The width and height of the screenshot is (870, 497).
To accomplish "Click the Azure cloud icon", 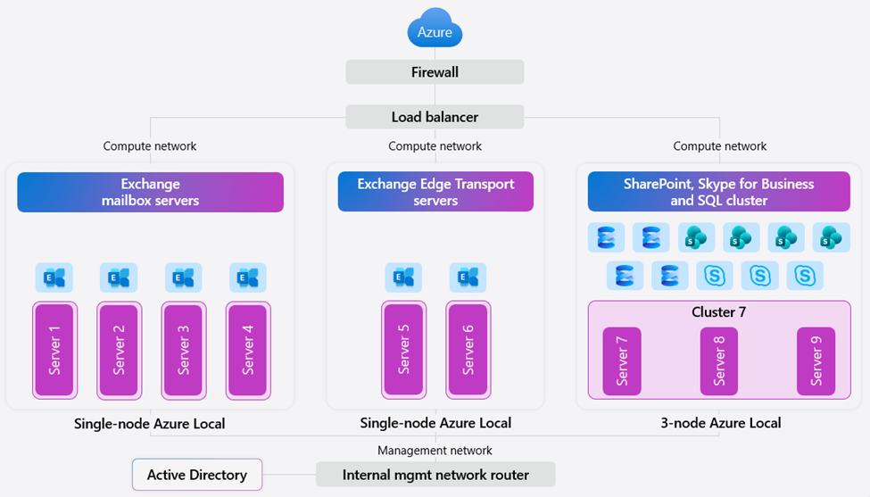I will click(x=435, y=29).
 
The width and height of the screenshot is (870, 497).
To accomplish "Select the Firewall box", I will click(x=435, y=72).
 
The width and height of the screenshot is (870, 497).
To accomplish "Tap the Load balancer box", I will click(x=435, y=117).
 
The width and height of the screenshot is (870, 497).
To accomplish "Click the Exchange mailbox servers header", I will click(x=150, y=192).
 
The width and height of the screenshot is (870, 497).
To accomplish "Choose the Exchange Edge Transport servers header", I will click(x=435, y=192).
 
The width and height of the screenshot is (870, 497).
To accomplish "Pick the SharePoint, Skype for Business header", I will click(x=718, y=192).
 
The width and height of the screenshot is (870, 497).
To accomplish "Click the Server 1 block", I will click(x=54, y=350).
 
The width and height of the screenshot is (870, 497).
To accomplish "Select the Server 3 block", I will click(x=184, y=350).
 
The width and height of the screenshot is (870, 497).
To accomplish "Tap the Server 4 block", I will click(x=248, y=350).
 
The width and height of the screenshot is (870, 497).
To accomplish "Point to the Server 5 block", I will click(x=404, y=350).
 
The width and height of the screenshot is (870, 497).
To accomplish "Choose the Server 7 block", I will click(x=622, y=360).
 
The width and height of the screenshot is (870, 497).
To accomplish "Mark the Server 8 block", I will click(x=719, y=360).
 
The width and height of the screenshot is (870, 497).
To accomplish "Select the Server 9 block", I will click(x=816, y=360).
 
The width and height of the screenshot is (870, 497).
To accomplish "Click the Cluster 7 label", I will click(x=718, y=312).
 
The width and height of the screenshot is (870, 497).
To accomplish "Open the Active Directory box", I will click(x=197, y=475).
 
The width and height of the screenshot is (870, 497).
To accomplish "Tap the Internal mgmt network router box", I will click(x=435, y=475).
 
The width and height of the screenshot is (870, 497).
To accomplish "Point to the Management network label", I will click(x=435, y=451).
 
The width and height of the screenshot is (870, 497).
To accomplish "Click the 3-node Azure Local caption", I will click(x=719, y=423).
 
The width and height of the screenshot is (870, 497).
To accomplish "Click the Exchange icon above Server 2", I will click(x=119, y=278).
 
